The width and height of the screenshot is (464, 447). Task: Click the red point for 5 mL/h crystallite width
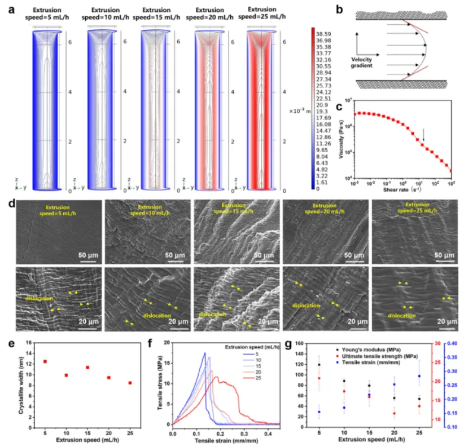tap(45, 361)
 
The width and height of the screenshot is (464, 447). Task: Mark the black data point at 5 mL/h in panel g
tap(319, 365)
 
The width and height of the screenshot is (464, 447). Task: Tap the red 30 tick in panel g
tap(436, 343)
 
